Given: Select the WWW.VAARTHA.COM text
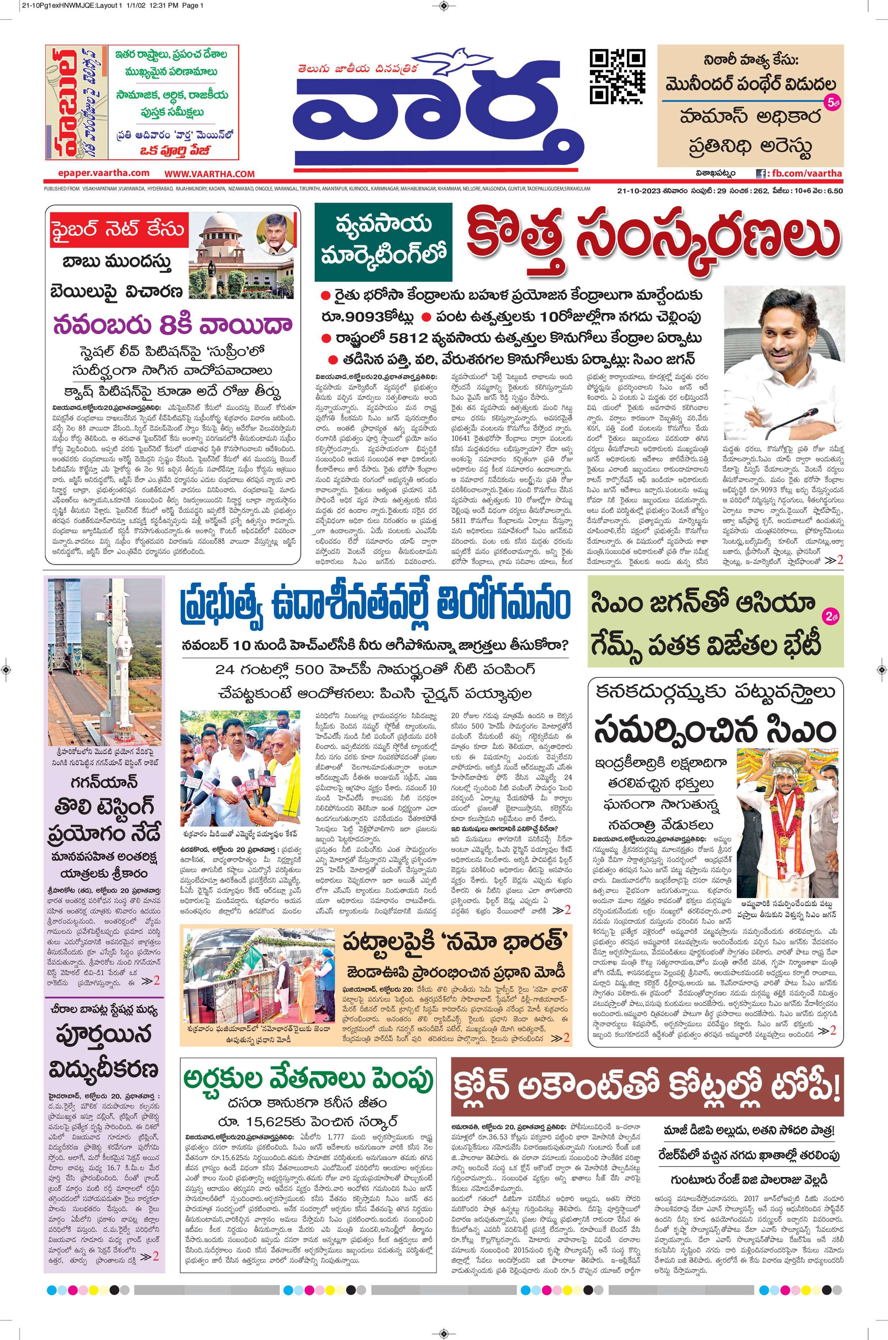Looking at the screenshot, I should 210,173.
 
